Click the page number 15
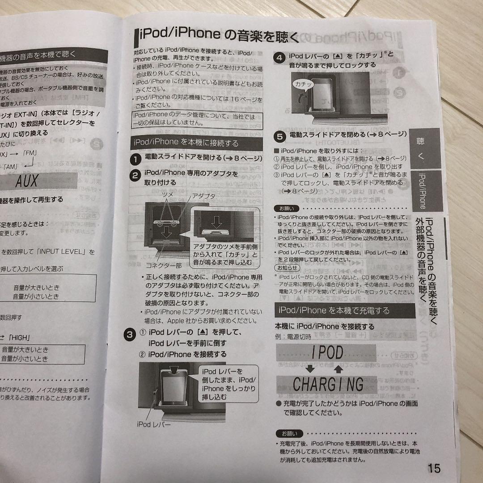[433, 468]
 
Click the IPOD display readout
[327, 352]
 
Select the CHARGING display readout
[328, 383]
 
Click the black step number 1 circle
[136, 158]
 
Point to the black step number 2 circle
[135, 175]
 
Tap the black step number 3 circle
[129, 334]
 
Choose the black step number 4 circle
[279, 58]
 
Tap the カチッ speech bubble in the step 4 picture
[304, 84]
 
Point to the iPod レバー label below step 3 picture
[153, 424]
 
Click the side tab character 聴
[420, 141]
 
